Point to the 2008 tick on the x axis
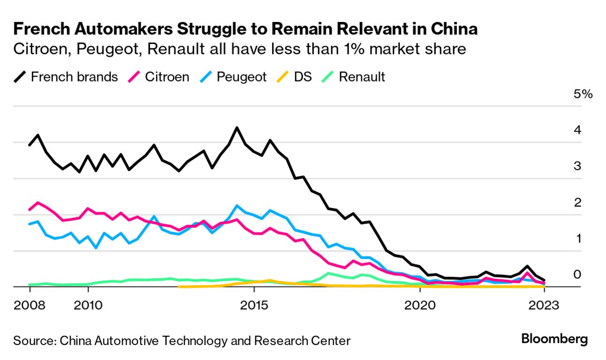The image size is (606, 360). [30, 306]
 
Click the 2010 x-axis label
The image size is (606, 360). [88, 306]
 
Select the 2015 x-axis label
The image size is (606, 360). [254, 306]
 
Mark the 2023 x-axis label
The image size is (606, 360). [544, 306]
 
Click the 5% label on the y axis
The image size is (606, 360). [583, 94]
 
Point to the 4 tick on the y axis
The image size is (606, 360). [578, 130]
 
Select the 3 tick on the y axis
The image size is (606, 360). [578, 166]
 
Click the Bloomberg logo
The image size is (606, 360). [554, 339]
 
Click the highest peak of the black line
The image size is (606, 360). [237, 127]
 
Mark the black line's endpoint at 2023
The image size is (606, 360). [544, 280]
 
